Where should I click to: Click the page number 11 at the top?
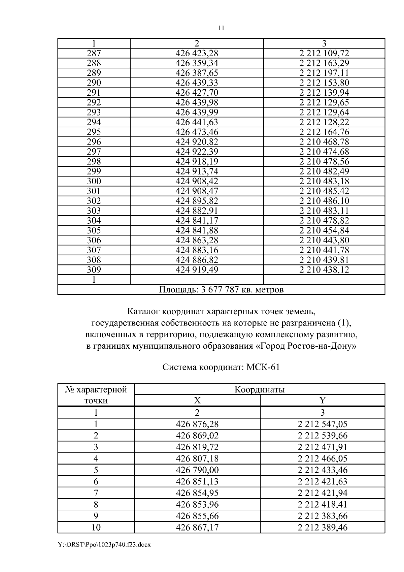pos(221,28)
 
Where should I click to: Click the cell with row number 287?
pos(94,53)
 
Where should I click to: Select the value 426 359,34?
pos(197,63)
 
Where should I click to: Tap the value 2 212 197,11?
pos(324,73)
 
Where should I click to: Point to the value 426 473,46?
pos(197,132)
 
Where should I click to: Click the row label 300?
pos(94,181)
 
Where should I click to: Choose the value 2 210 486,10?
pos(324,201)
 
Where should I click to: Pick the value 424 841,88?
pos(197,230)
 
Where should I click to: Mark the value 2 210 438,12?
pos(324,269)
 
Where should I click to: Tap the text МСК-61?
pos(263,367)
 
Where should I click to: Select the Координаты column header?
pos(259,390)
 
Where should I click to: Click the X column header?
pos(197,400)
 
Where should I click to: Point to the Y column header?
pos(322,400)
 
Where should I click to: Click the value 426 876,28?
pos(197,424)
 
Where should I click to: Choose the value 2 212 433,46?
pos(322,470)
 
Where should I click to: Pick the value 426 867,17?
pos(197,527)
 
